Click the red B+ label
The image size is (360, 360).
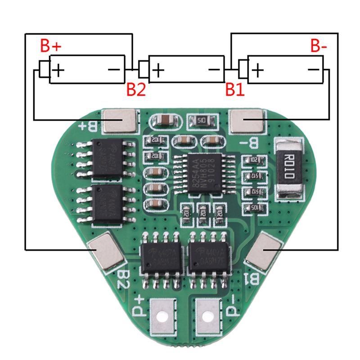pos(51,46)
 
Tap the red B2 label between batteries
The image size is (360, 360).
pos(136,90)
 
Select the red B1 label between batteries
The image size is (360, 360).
pos(235,90)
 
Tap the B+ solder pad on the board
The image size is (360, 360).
pos(120,121)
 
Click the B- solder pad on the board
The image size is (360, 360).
pos(247,121)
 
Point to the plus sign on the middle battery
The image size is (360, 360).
pos(158,70)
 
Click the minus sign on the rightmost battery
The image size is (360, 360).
pos(313,70)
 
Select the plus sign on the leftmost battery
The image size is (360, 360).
pos(59,70)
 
